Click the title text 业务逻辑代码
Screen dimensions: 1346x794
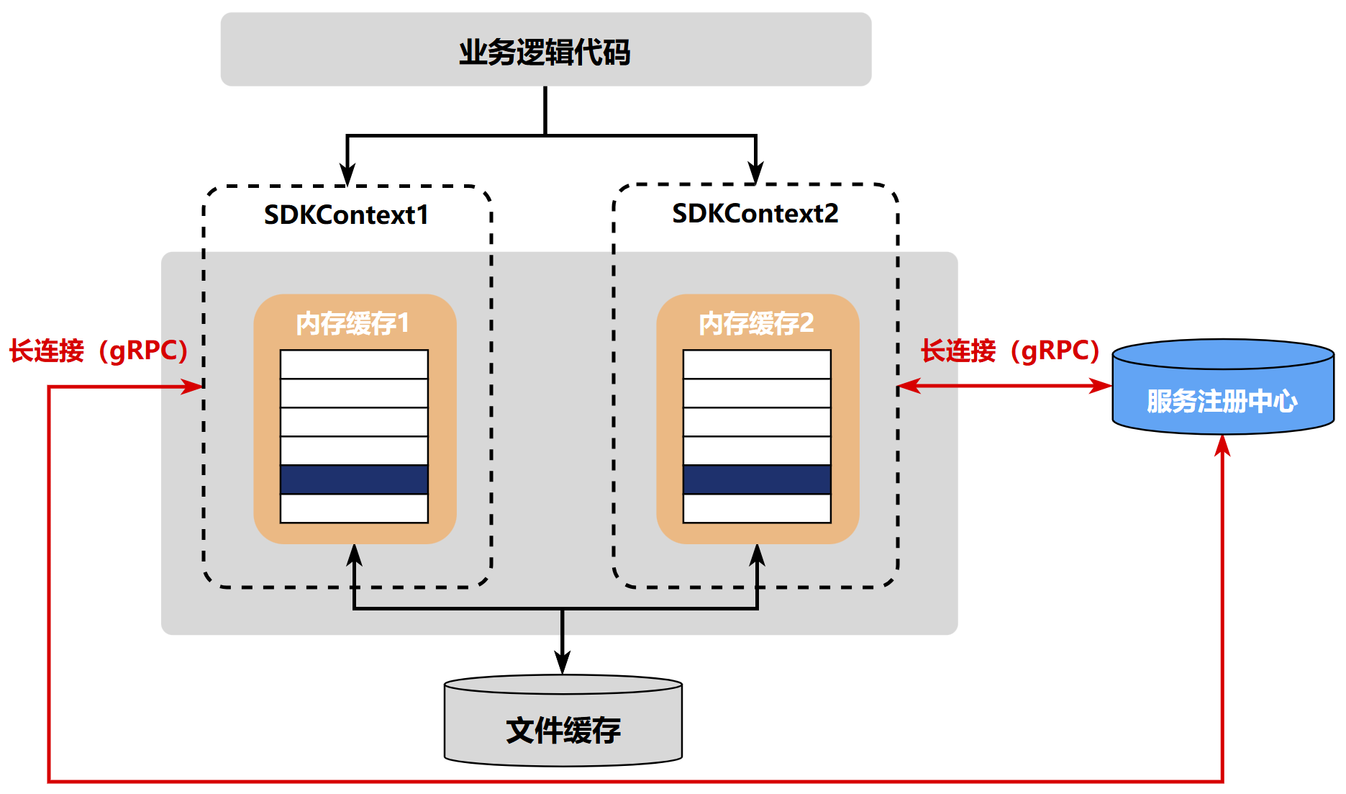tap(545, 52)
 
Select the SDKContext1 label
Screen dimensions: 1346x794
tap(346, 215)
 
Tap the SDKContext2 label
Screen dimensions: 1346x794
tap(755, 213)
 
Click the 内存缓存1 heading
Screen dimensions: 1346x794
tap(353, 323)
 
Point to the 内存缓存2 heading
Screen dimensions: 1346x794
tap(756, 323)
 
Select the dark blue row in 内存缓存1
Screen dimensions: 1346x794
tap(354, 479)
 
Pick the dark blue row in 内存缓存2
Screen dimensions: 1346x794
tap(757, 479)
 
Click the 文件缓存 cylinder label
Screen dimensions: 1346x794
tap(563, 730)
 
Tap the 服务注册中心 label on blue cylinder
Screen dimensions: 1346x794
tap(1222, 401)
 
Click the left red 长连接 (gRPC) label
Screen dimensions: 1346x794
tap(99, 351)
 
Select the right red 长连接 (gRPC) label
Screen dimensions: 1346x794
tap(1010, 351)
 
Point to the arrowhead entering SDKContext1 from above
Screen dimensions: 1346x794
tap(347, 175)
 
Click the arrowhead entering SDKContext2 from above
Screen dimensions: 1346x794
tap(755, 173)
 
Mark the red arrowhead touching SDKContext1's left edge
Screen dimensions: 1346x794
tap(193, 387)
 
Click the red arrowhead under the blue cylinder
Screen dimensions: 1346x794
tap(1222, 446)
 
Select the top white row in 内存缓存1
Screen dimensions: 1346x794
tap(354, 364)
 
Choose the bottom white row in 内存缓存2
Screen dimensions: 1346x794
tap(757, 508)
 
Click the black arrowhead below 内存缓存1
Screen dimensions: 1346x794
tap(354, 555)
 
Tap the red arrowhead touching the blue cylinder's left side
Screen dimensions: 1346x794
tap(1101, 386)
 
